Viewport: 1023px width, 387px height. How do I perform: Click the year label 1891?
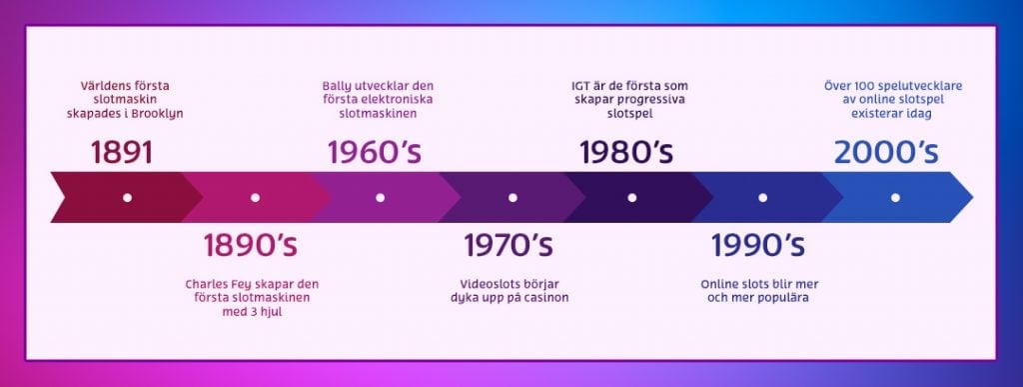(x=122, y=152)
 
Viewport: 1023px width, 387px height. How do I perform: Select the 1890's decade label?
(x=251, y=245)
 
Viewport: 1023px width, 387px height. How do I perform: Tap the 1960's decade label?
(x=375, y=152)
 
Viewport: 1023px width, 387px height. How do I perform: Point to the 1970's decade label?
(x=509, y=245)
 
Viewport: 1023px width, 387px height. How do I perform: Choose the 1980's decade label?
(x=626, y=152)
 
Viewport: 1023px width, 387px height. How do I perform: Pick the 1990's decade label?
(x=758, y=245)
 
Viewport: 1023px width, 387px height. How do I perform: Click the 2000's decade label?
(x=887, y=152)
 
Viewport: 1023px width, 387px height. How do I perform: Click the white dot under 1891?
(x=127, y=197)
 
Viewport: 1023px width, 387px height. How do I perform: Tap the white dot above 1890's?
(x=255, y=197)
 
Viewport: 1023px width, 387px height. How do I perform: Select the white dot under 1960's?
(x=381, y=197)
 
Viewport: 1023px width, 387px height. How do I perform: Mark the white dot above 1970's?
(x=512, y=197)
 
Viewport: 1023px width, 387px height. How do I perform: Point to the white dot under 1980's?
(x=631, y=197)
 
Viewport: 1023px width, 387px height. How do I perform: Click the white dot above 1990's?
(x=762, y=197)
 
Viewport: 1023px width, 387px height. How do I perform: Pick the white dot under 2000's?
(x=895, y=197)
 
